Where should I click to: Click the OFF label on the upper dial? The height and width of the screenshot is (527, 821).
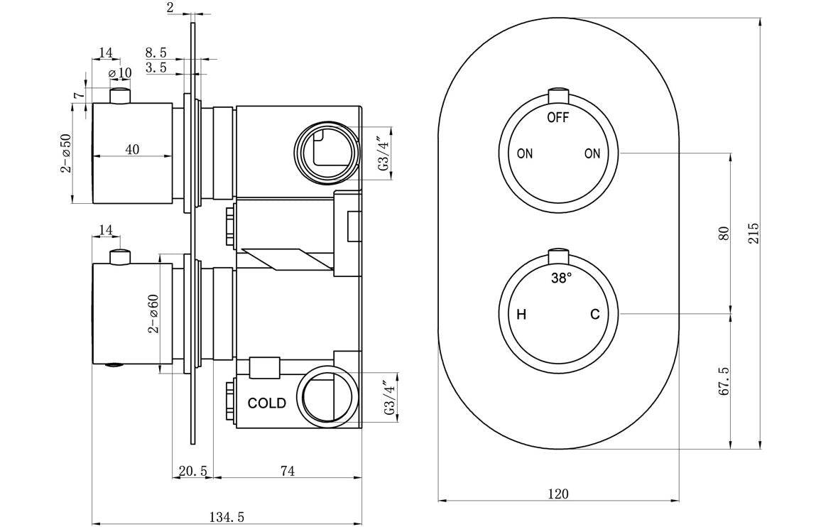[x=558, y=118]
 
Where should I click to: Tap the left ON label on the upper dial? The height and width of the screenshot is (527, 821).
[x=525, y=153]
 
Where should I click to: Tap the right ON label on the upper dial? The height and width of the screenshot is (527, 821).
[x=592, y=153]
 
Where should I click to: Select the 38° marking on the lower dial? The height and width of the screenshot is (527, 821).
[x=561, y=279]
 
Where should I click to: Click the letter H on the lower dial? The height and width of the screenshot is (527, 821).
[x=521, y=315]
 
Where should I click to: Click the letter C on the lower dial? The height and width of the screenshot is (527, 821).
[x=595, y=315]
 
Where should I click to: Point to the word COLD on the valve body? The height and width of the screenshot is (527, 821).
[x=267, y=403]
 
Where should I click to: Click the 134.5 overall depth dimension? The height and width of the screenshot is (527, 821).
[x=227, y=518]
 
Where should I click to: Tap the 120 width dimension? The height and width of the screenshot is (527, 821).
[x=559, y=494]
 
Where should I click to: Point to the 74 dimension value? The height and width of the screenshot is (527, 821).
[x=287, y=470]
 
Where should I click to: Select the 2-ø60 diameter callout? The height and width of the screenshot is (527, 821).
[x=153, y=313]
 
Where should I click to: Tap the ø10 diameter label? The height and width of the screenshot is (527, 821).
[x=120, y=72]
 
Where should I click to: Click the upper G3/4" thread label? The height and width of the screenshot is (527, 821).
[x=384, y=154]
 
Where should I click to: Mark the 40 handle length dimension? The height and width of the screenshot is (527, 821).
[x=132, y=148]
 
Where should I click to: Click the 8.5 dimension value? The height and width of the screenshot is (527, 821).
[x=156, y=53]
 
